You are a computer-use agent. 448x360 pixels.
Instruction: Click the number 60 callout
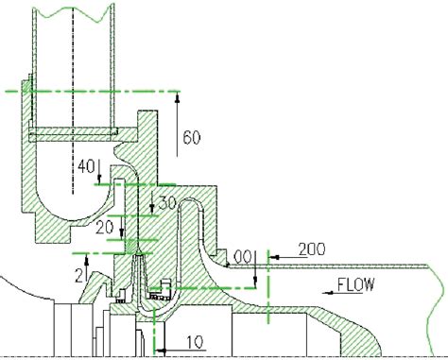(x=192, y=138)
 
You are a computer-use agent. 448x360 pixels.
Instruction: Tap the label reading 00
(x=243, y=256)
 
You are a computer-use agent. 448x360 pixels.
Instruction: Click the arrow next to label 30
(x=157, y=202)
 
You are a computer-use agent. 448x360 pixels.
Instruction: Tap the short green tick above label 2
(x=82, y=254)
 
